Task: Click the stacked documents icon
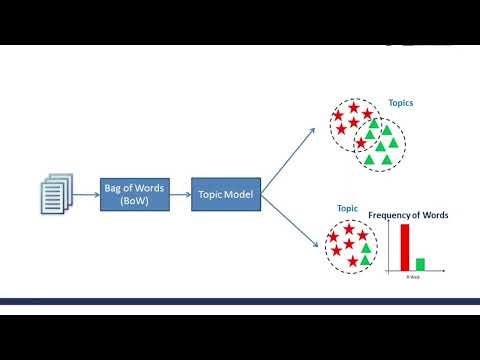point(56,193)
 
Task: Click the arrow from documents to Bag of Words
point(87,193)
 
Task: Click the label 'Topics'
point(400,103)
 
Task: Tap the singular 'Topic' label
point(347,208)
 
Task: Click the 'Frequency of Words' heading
point(408,216)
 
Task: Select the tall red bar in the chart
point(404,248)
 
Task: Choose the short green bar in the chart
point(420,265)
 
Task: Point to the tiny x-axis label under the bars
point(412,276)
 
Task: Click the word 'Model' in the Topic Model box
point(239,192)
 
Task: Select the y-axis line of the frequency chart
point(391,246)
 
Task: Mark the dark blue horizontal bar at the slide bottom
point(240,301)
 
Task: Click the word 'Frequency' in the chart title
point(391,216)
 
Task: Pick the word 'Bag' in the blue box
point(112,186)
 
